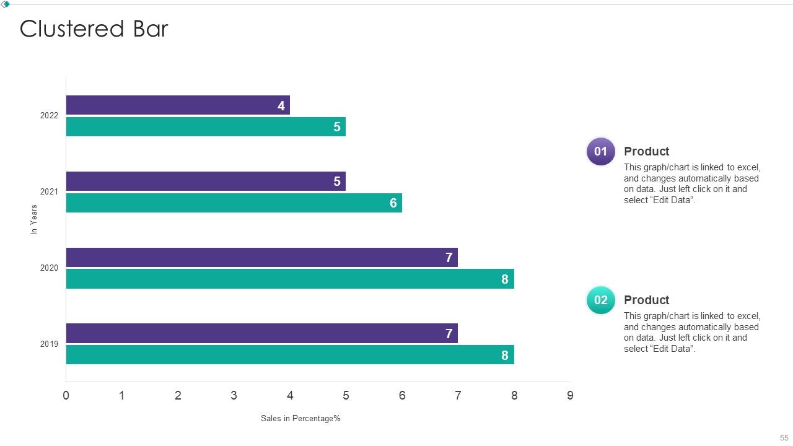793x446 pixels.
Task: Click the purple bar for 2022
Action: pos(178,105)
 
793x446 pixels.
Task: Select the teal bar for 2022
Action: pos(206,127)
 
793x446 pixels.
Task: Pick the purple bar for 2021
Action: pos(206,181)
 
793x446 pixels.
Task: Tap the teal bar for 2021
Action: pos(234,203)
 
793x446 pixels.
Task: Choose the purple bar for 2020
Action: pos(262,257)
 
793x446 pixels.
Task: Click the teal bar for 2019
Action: pos(291,355)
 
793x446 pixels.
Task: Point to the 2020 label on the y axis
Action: pos(49,268)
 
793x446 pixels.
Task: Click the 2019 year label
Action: pos(49,344)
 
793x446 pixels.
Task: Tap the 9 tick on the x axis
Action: pos(570,395)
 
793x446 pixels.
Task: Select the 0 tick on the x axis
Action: pos(66,395)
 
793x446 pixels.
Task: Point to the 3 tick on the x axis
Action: pos(234,395)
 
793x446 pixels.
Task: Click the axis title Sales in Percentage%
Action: pos(300,418)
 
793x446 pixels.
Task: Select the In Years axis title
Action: pos(33,219)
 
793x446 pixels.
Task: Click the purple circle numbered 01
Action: pos(601,152)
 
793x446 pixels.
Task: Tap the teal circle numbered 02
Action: pos(601,300)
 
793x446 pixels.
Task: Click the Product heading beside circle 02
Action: pos(646,300)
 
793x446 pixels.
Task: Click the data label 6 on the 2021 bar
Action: pos(393,203)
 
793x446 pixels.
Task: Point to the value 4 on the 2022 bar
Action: pos(281,105)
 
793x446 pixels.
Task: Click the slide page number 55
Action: pos(784,437)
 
